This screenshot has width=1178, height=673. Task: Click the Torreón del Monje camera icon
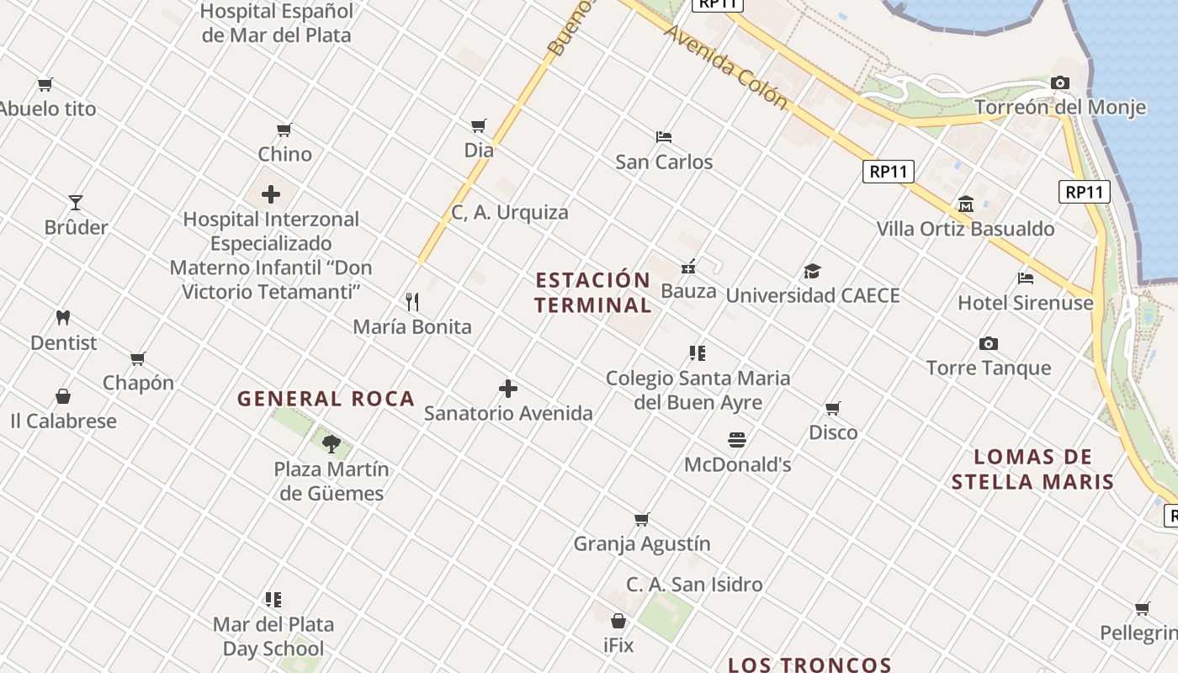point(1060,82)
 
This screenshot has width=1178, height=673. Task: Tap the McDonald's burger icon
point(737,439)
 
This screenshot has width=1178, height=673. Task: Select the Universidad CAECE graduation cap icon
point(812,271)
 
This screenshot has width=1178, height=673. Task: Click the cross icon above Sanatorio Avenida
point(508,389)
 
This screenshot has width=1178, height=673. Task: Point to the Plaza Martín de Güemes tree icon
point(332,443)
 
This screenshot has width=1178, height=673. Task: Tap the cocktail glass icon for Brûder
point(76,203)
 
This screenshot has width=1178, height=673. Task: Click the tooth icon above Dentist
point(63,318)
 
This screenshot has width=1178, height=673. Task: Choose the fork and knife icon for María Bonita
point(412,301)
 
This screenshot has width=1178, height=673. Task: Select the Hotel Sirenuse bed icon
point(1025,278)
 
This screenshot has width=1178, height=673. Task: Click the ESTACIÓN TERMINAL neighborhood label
point(593,292)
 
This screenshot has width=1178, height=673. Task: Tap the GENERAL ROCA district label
point(326,399)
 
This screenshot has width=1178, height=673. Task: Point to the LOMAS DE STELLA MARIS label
point(1032,469)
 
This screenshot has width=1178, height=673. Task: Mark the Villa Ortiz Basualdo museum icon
point(966,204)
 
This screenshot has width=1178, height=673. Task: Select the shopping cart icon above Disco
point(833,408)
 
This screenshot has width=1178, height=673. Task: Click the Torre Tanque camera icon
point(989,343)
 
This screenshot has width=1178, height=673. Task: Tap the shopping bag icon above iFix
point(618,622)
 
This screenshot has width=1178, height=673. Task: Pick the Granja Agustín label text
point(642,543)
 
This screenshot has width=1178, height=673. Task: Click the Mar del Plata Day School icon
point(273,600)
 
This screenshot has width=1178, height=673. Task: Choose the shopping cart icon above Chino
point(284,130)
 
